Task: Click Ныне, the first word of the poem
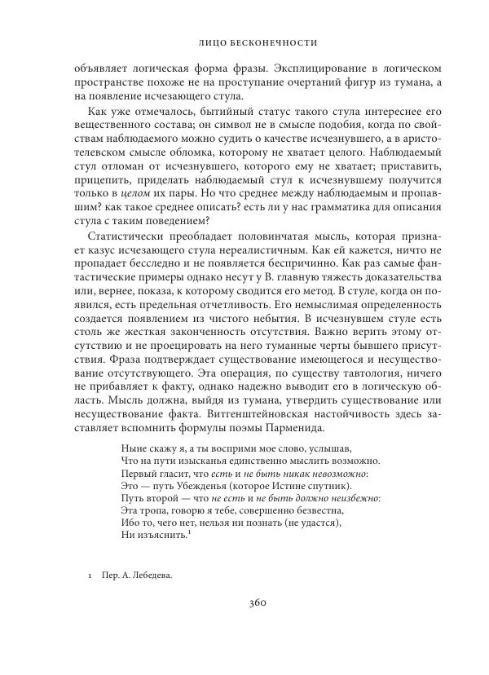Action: [x=133, y=448]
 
